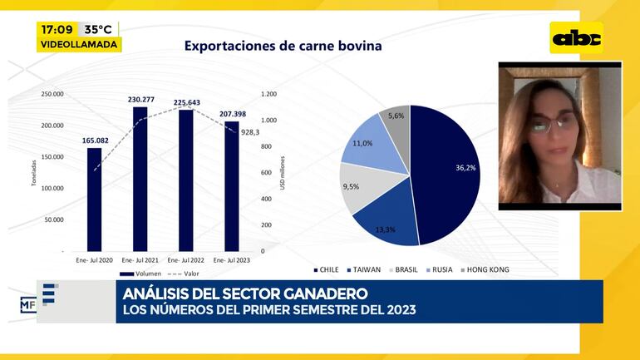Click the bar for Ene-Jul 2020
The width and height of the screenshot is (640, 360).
[94, 200]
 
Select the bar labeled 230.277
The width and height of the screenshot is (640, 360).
[140, 179]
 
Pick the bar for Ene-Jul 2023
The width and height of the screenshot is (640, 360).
[231, 186]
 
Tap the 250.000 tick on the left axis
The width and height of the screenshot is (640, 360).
[52, 94]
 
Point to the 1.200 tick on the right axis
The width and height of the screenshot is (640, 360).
[269, 94]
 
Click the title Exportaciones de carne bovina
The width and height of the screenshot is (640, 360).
[283, 46]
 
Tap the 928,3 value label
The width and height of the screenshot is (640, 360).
[250, 132]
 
